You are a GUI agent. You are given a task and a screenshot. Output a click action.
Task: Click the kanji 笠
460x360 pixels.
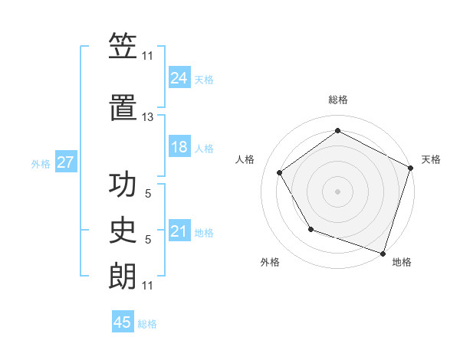click(123, 47)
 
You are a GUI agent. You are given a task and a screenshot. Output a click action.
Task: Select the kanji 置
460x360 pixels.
click(123, 110)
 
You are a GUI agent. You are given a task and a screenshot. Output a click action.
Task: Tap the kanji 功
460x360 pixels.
click(123, 187)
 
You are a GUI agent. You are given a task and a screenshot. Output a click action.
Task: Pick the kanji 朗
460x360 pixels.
click(123, 277)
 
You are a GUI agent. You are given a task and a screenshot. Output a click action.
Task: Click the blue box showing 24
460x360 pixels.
click(179, 77)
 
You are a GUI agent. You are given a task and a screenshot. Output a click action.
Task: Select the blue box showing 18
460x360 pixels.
click(179, 147)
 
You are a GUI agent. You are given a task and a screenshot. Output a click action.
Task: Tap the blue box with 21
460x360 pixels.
click(179, 231)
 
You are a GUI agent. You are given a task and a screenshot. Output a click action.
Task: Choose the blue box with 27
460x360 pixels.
click(65, 162)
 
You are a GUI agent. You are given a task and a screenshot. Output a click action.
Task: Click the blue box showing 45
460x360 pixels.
click(123, 322)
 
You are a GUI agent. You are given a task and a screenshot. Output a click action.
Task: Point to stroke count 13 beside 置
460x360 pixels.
click(148, 117)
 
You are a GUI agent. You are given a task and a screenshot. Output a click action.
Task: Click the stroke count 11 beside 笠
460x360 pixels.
click(148, 55)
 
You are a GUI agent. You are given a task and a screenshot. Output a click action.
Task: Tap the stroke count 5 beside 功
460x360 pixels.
click(148, 195)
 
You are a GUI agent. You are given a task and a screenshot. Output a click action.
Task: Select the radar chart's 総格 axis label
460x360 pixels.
click(338, 100)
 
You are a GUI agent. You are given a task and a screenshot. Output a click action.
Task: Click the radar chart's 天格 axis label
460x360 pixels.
click(431, 159)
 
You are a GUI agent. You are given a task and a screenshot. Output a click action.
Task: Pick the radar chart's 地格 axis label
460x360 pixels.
click(402, 262)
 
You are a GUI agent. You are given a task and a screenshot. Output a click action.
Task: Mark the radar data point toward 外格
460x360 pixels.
click(310, 229)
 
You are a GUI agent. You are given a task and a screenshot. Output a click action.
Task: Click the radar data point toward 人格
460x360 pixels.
click(280, 172)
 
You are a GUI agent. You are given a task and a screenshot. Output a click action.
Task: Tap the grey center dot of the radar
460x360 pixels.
click(338, 191)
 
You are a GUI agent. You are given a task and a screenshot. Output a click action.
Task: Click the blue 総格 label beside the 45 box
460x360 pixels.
click(147, 324)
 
